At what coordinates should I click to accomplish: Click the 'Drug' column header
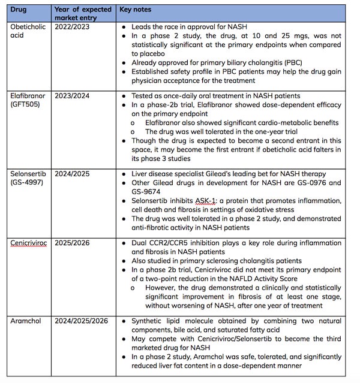click(x=22, y=10)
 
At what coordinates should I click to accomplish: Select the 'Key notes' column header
click(x=136, y=10)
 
